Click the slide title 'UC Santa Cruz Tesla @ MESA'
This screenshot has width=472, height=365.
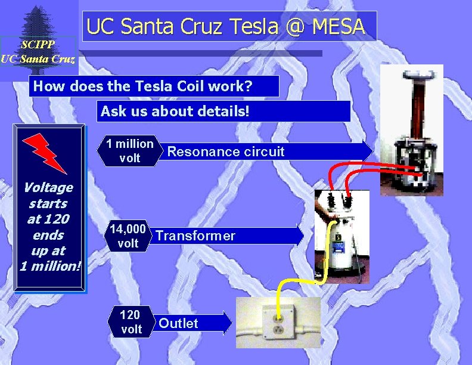coord(225,26)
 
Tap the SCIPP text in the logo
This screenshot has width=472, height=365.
coord(38,45)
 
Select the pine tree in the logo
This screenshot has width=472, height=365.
coord(38,21)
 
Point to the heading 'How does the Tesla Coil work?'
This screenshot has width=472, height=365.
coord(143,86)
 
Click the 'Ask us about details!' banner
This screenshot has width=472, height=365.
coord(175,111)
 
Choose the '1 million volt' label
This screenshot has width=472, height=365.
coord(130,151)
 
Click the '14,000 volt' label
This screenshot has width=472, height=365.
coord(128,236)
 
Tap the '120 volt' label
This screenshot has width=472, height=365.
coord(131,321)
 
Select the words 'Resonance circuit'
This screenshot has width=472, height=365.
coord(226,151)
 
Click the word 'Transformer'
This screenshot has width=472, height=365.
coord(195,236)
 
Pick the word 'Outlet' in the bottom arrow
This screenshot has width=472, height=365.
coord(178,323)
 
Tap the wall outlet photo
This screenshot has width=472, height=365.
coord(278,323)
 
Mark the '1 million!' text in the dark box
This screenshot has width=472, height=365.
coord(50,266)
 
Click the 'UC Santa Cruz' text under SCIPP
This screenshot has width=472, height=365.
coord(38,58)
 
